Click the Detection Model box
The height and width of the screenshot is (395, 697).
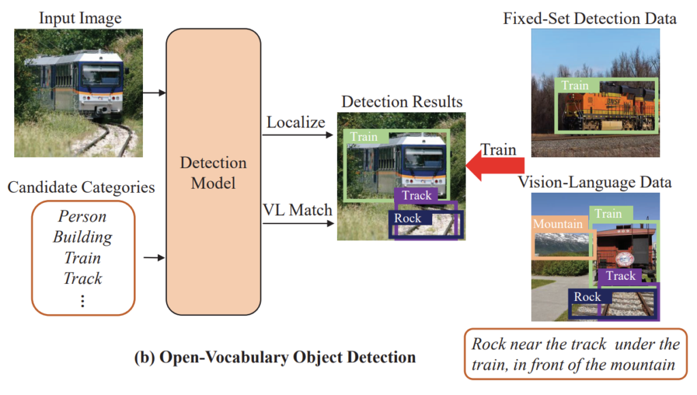click(213, 173)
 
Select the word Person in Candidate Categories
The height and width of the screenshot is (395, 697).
click(82, 217)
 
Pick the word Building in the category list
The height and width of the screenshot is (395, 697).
click(82, 237)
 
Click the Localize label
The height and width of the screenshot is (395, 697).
click(296, 123)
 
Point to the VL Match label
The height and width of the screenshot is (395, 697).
click(297, 210)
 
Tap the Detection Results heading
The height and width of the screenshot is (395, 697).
click(402, 102)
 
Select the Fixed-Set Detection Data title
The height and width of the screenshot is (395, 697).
click(589, 18)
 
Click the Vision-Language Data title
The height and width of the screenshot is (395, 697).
click(595, 182)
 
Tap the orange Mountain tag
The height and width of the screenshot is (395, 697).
click(557, 223)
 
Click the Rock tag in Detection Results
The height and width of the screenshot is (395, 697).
click(408, 218)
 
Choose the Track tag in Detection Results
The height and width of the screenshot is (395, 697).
click(417, 195)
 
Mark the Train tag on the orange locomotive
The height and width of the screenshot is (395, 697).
click(575, 86)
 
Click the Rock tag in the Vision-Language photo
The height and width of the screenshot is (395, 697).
click(587, 296)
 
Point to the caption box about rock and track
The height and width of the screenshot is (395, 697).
click(575, 354)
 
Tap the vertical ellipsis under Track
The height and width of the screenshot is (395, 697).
click(82, 300)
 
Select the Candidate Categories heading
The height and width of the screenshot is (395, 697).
click(81, 187)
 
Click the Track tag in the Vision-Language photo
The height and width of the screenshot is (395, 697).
click(620, 276)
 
